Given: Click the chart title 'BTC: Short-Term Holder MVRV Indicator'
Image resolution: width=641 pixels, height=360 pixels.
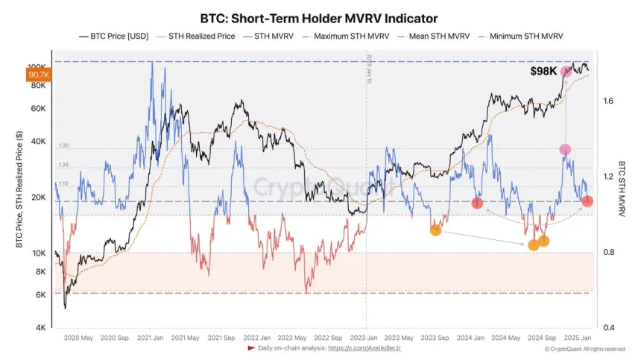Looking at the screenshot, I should click(x=319, y=17).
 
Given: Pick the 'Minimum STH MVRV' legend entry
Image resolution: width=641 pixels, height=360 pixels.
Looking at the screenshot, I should click(x=523, y=36).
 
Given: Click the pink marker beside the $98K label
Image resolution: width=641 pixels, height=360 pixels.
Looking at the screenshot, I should click(x=566, y=72).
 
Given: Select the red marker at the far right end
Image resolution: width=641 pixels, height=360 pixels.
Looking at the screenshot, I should click(x=587, y=201).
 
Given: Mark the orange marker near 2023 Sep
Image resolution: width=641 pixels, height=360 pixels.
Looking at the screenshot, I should click(x=435, y=230).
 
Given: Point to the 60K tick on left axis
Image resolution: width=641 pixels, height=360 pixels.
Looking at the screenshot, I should click(x=38, y=109).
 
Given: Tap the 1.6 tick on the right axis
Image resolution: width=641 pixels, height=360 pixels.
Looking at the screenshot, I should click(x=607, y=101).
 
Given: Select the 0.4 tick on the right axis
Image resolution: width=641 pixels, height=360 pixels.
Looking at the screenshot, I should click(x=607, y=328).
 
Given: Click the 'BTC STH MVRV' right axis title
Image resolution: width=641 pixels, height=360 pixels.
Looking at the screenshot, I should click(x=621, y=189).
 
